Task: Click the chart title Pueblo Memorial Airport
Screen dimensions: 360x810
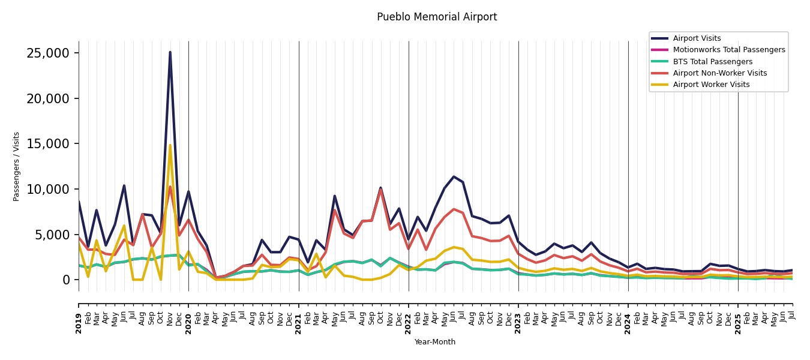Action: (437, 17)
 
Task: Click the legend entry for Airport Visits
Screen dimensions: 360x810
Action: (697, 38)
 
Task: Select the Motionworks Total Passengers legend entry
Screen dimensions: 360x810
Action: (728, 50)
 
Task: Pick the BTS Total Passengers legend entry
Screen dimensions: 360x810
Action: (712, 62)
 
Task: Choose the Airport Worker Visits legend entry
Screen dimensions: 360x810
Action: (711, 85)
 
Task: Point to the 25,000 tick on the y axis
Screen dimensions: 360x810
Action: (48, 53)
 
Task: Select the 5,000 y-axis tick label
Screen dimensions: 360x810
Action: (52, 235)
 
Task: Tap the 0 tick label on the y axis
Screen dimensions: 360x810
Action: (67, 280)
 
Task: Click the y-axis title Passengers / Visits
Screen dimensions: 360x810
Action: (16, 166)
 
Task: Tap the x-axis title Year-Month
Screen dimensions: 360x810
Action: (435, 342)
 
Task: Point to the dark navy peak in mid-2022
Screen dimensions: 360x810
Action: (454, 176)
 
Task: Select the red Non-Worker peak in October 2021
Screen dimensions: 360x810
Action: (380, 190)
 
